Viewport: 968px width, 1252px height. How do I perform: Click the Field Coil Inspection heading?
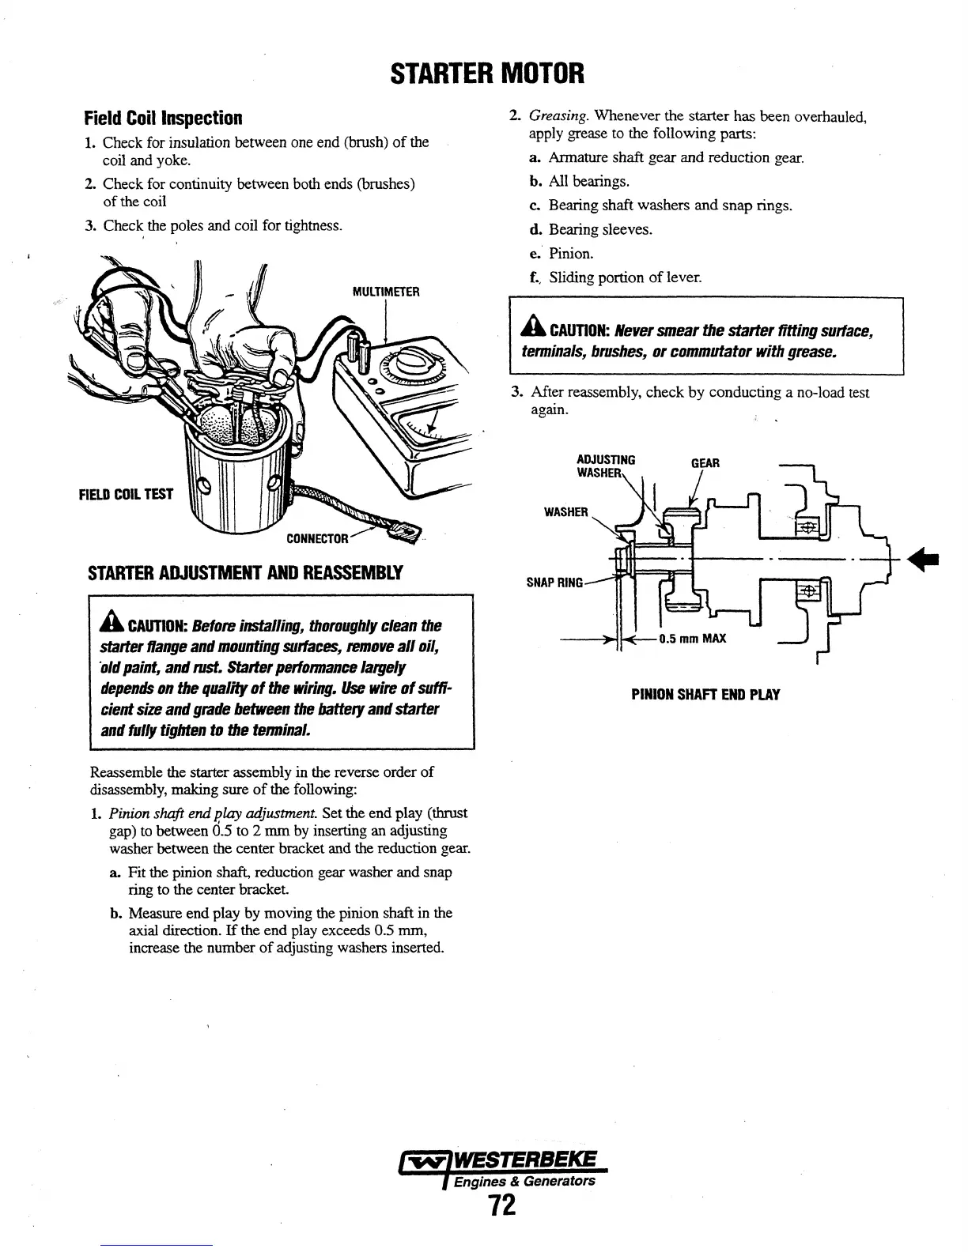click(162, 119)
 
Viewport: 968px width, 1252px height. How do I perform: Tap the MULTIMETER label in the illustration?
click(385, 292)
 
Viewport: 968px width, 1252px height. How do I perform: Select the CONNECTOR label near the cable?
click(316, 539)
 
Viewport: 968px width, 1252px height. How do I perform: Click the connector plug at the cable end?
click(408, 535)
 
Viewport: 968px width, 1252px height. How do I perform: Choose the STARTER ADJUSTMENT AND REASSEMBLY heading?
click(244, 572)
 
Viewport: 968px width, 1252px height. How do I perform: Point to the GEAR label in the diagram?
click(705, 462)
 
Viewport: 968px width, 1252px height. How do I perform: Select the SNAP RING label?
click(554, 583)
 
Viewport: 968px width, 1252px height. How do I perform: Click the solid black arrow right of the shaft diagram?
click(923, 560)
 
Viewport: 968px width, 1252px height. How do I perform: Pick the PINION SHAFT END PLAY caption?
click(705, 695)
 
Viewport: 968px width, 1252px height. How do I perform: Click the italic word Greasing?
click(558, 117)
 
